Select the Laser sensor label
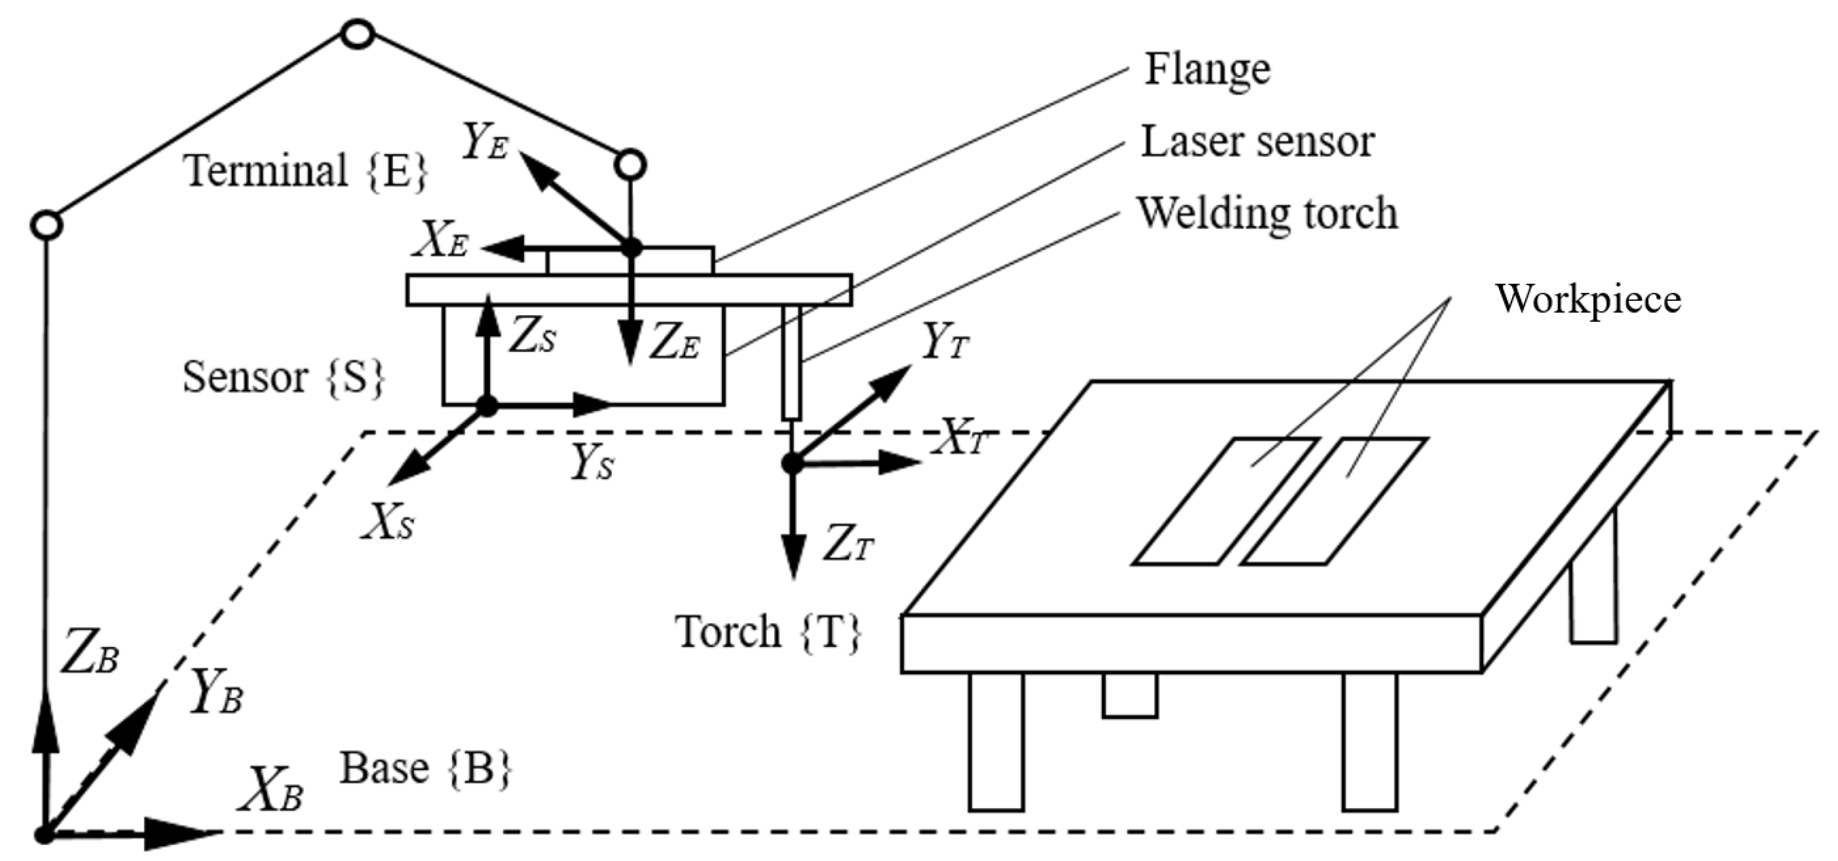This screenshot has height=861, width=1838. coord(1257,142)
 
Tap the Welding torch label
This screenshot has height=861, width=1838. coord(1267,213)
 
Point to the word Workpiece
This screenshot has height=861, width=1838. coord(1588,298)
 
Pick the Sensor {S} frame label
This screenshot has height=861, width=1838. coord(283,376)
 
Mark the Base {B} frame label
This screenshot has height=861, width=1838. coord(425,768)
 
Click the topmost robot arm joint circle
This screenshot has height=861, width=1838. coord(357,33)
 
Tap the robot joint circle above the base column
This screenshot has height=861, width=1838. coord(46,225)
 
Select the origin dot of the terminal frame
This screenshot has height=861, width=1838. coord(631,248)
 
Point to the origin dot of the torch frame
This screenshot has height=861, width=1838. coord(792,464)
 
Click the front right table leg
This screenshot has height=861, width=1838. coord(1368,742)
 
